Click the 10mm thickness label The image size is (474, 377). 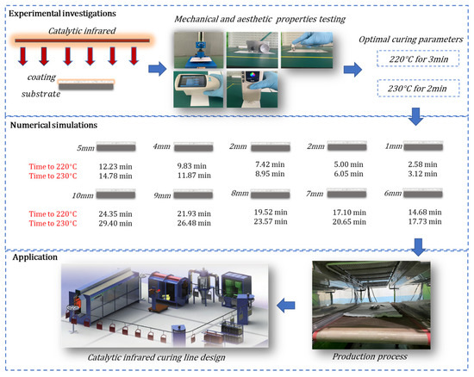[x=83, y=196]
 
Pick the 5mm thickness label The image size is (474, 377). [x=85, y=147]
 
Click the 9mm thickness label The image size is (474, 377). [x=161, y=196]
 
